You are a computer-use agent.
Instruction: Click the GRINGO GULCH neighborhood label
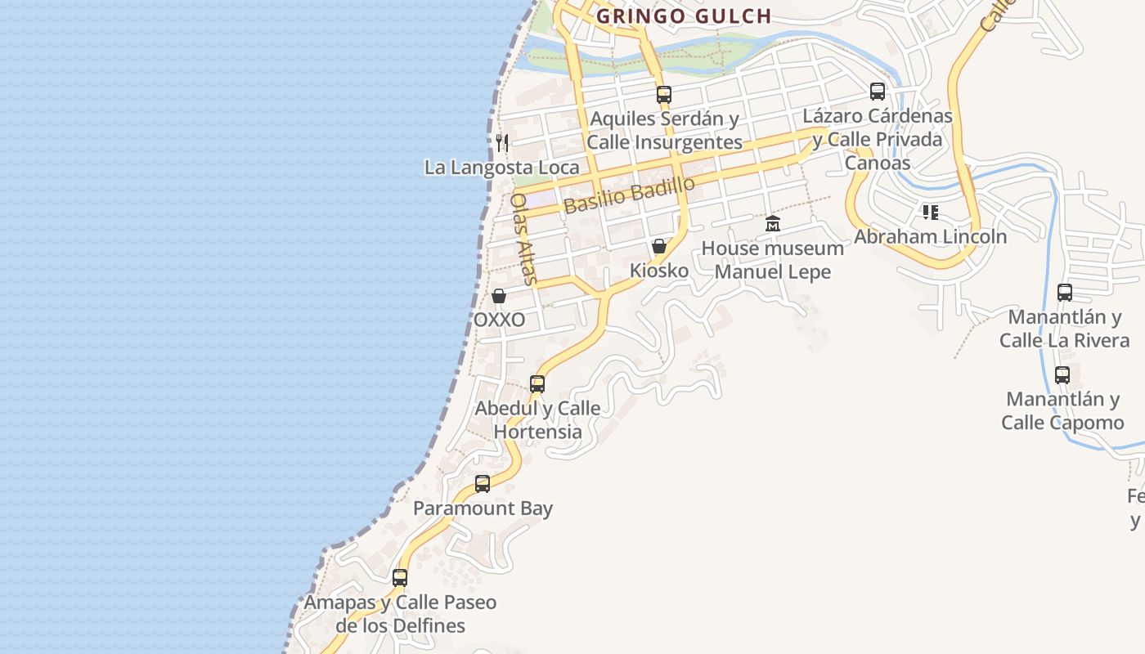(x=684, y=16)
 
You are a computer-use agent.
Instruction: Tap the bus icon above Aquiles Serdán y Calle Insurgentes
(x=663, y=94)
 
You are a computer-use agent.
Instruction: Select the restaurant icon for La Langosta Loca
(x=502, y=143)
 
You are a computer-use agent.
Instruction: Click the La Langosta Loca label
(x=501, y=168)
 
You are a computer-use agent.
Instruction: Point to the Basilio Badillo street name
(x=630, y=195)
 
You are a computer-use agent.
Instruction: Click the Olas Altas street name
(x=523, y=239)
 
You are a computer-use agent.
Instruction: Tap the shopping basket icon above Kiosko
(x=659, y=246)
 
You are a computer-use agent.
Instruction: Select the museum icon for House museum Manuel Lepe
(x=772, y=224)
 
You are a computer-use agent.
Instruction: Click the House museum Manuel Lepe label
(x=773, y=260)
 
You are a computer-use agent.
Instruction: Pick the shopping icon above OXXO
(x=499, y=296)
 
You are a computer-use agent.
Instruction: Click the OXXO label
(x=499, y=320)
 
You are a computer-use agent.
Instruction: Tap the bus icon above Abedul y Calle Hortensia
(x=537, y=383)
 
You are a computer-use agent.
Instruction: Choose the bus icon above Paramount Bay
(x=483, y=483)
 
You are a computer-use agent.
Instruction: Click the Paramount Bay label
(x=483, y=508)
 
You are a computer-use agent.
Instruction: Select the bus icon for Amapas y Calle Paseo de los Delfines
(x=400, y=577)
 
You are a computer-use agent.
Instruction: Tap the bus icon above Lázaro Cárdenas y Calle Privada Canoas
(x=878, y=92)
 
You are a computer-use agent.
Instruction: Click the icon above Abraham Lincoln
(x=930, y=213)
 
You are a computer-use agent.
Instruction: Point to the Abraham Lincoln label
(x=930, y=237)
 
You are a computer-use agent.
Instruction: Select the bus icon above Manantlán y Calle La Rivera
(x=1064, y=292)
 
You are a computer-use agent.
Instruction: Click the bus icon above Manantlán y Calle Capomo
(x=1062, y=375)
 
